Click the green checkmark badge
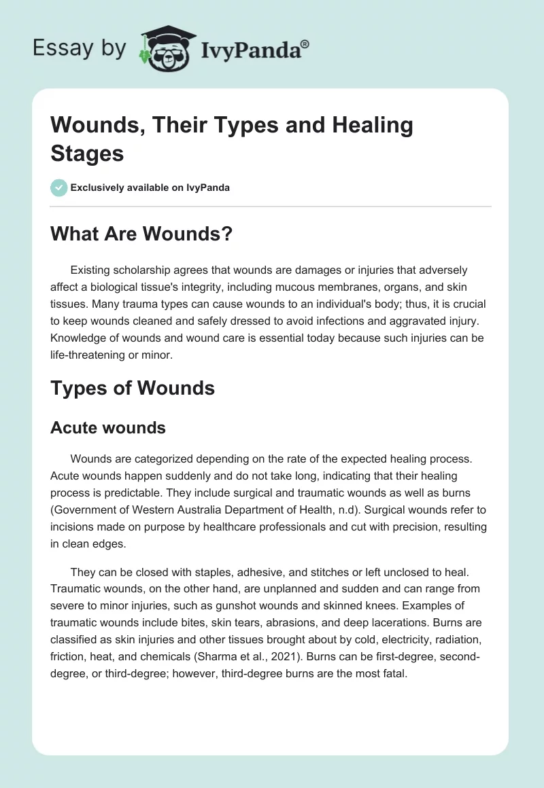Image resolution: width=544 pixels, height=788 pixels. tap(58, 188)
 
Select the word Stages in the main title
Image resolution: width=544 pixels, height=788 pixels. tap(87, 153)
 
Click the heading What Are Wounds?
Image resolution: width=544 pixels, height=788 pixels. tap(141, 234)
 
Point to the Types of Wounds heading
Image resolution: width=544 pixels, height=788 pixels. tap(133, 388)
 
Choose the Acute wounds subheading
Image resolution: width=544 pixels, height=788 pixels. tap(108, 427)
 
